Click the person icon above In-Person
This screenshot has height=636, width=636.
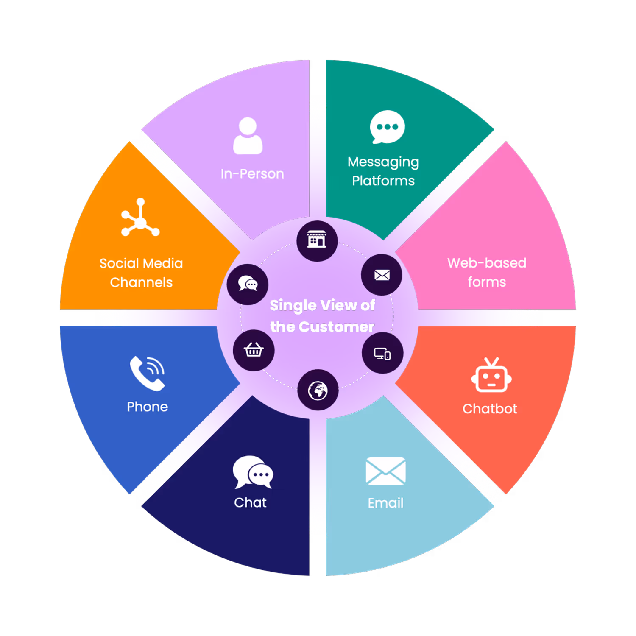click(248, 136)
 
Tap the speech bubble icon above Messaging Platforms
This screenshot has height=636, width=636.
click(387, 127)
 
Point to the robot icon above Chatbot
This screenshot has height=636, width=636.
click(491, 376)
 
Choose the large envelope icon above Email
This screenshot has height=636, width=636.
click(385, 471)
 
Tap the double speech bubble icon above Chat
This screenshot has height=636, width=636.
click(253, 472)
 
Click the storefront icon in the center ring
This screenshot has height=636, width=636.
click(317, 240)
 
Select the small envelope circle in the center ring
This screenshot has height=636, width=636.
click(382, 275)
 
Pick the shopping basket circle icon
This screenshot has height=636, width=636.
click(254, 350)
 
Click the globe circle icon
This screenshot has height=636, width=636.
click(318, 390)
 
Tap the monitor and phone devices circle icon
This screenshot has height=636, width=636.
click(382, 353)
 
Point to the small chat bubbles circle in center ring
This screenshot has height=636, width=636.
click(248, 284)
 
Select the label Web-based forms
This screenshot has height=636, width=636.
click(487, 272)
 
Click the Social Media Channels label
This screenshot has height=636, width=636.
click(141, 273)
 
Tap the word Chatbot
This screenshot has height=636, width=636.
click(490, 409)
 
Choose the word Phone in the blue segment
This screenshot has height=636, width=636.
click(147, 407)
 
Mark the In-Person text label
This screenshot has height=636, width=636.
click(252, 174)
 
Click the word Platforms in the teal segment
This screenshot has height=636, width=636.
click(383, 181)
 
